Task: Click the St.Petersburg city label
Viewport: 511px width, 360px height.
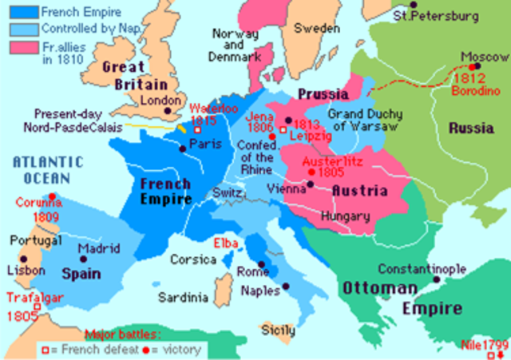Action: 436,15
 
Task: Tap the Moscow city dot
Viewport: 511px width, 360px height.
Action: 477,67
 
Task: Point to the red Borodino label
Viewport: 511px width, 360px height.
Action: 470,93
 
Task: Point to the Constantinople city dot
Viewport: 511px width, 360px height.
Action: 436,279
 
